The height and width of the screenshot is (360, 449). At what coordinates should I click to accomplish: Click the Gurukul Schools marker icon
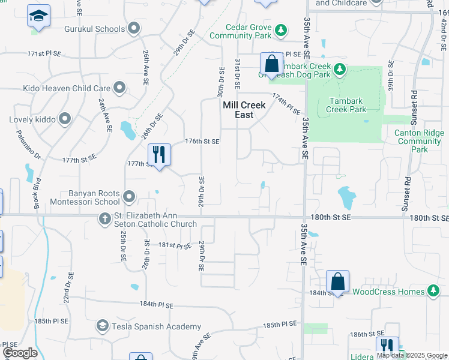click(133, 28)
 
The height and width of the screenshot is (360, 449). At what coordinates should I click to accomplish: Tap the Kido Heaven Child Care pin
click(120, 88)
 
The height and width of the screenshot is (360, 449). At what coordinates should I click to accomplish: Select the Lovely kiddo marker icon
click(65, 119)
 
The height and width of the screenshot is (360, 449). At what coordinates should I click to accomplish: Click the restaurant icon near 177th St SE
click(159, 155)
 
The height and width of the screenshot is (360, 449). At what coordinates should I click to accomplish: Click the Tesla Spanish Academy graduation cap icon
click(102, 326)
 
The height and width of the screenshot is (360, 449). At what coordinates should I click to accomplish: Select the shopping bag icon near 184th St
click(338, 281)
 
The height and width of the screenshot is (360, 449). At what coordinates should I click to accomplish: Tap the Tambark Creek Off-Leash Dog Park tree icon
click(339, 70)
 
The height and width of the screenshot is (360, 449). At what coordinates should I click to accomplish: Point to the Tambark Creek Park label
click(347, 105)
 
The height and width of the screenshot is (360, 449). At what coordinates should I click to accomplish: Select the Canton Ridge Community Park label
click(420, 141)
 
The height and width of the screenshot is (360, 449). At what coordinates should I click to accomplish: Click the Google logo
click(20, 353)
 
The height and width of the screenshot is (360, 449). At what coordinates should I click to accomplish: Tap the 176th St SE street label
click(202, 142)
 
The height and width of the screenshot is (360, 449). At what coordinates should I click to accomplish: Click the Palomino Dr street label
click(28, 146)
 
